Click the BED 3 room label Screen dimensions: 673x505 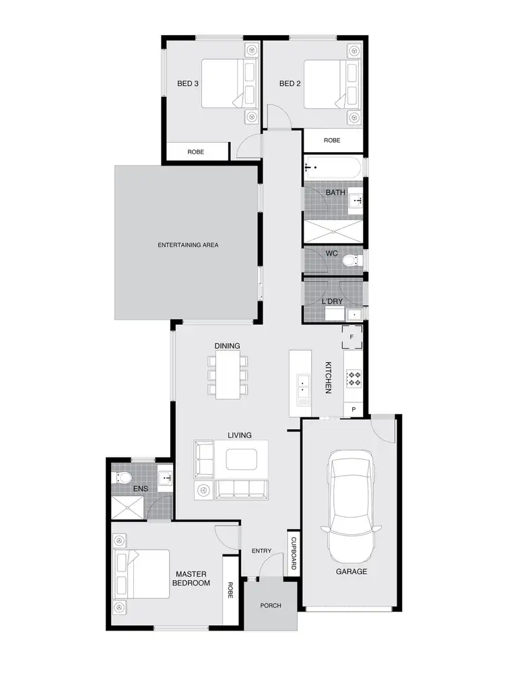point(187,83)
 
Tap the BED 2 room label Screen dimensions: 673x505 point(290,83)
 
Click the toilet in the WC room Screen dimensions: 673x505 point(350,260)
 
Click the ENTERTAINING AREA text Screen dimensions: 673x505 point(188,245)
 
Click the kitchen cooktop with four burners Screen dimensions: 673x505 point(353,380)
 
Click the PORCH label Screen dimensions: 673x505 point(271,606)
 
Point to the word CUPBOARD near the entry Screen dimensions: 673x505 point(294,553)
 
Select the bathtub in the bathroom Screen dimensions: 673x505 point(333,168)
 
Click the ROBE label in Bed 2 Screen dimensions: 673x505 point(332,141)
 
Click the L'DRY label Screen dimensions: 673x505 point(333,301)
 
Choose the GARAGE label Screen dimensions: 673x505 point(351,571)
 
